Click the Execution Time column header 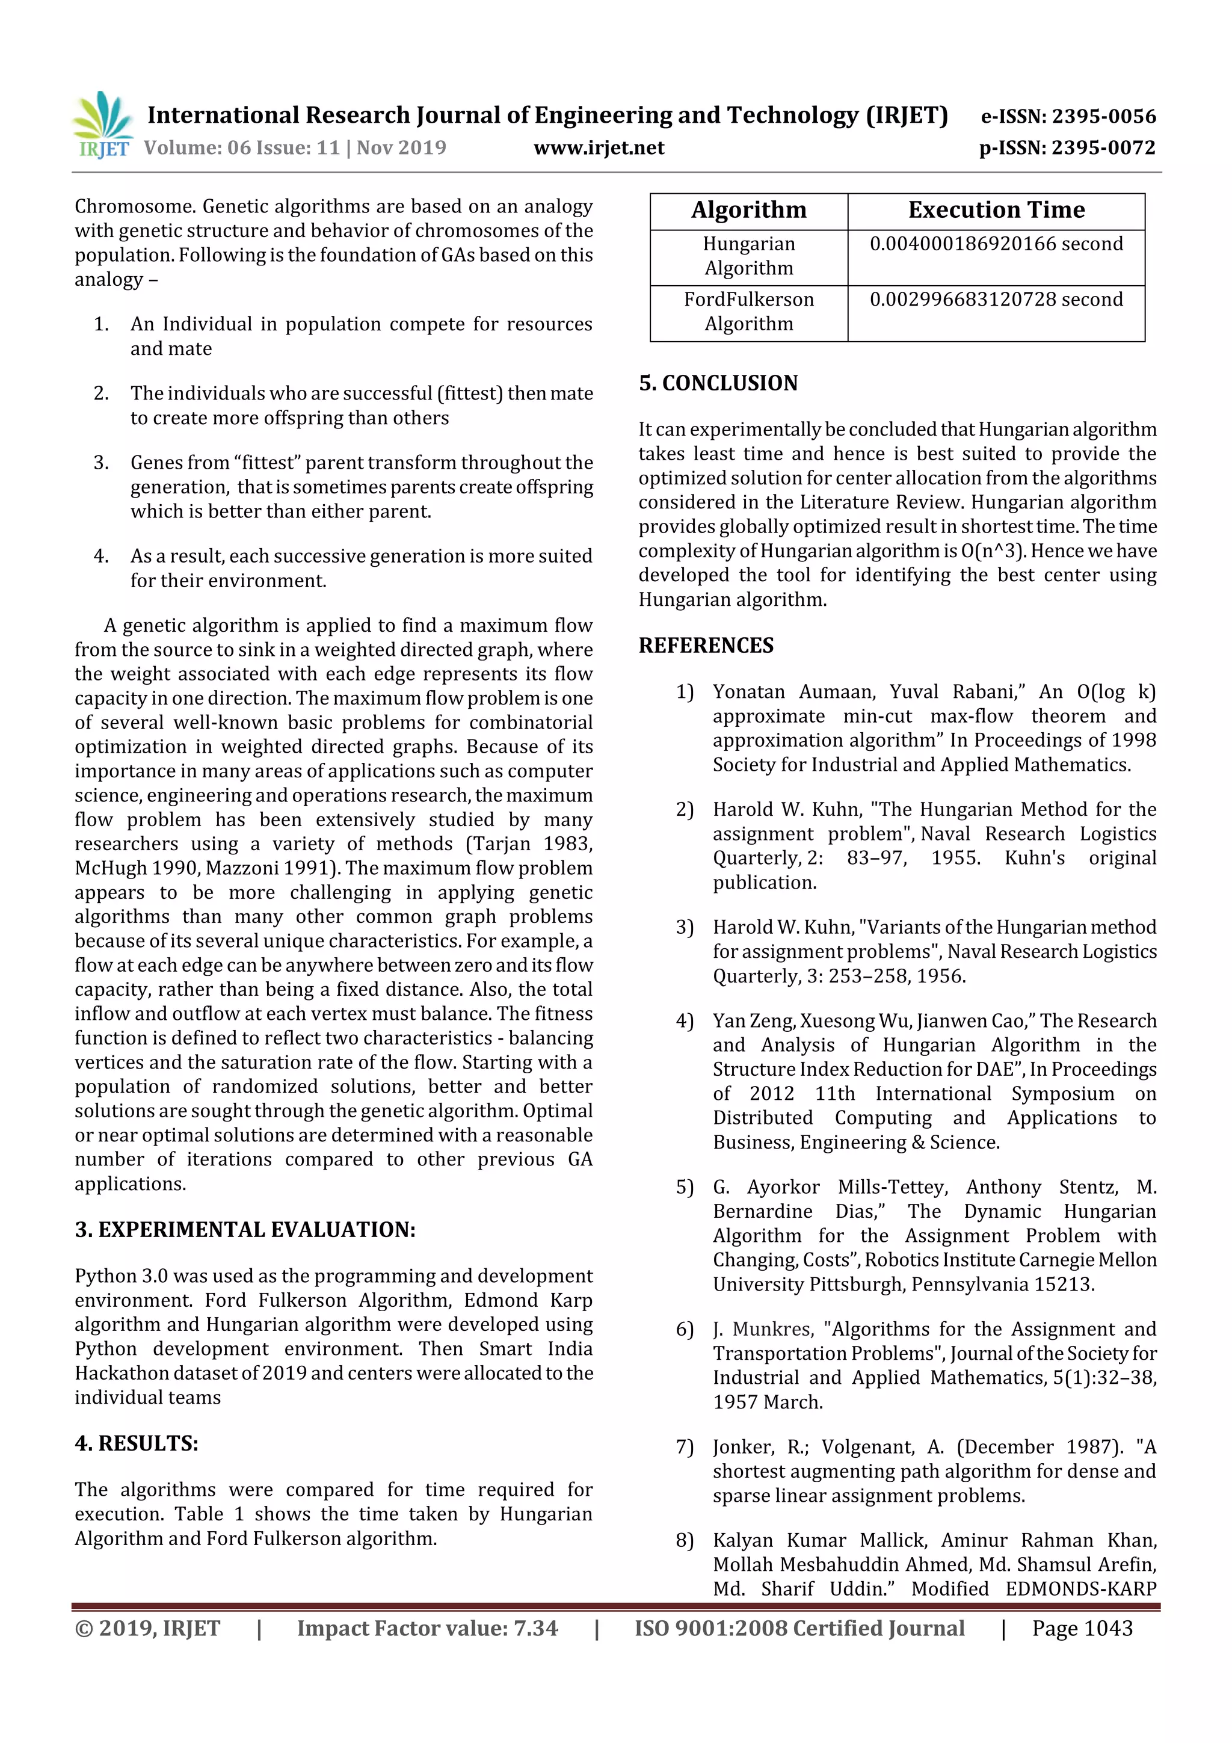[996, 211]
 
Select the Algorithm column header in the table [748, 211]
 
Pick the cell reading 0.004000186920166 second [996, 244]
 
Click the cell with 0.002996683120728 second [996, 300]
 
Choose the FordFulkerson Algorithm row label [748, 311]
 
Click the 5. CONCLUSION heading [718, 383]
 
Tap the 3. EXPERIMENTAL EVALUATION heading [245, 1230]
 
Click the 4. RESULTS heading [137, 1443]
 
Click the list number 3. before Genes [102, 463]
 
